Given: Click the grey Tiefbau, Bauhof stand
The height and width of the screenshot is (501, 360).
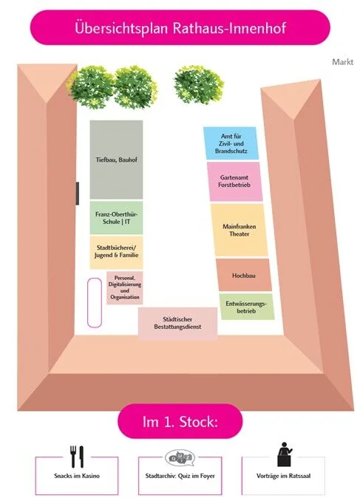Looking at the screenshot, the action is pos(116,160).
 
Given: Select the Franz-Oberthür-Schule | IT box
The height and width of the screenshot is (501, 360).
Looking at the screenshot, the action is pos(116,217).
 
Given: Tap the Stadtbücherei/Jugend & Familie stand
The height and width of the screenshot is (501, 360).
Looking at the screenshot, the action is pos(116,253).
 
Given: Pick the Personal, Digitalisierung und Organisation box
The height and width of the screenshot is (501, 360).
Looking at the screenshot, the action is pos(124,287).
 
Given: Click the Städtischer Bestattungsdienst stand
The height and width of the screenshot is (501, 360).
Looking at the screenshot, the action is pos(177,323).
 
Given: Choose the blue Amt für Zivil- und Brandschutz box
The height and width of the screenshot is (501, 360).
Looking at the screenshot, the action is pos(231,143).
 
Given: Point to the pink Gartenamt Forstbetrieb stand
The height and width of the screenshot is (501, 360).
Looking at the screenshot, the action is pos(234,182).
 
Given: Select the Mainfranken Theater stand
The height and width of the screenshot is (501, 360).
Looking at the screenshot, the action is pos(239,230).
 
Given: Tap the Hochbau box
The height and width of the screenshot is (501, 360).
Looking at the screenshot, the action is pos(244,275).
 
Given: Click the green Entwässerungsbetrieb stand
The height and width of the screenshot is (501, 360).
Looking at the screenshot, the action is pos(246,307).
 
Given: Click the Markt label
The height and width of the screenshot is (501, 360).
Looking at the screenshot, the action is pos(342,62).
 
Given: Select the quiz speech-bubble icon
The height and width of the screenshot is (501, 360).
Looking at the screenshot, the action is pos(180,457).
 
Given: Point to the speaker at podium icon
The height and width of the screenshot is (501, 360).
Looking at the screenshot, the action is pos(284,454).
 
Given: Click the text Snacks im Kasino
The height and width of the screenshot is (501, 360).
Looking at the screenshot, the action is pos(77,476).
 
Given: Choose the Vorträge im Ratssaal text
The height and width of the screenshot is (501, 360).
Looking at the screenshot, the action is pos(283,476).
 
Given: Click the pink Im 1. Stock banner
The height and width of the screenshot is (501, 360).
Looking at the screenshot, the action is pos(180,421).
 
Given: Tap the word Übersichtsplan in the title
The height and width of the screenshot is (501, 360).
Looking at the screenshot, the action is pos(121,28).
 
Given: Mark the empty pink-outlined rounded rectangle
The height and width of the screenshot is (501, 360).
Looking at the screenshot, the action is pos(95,302).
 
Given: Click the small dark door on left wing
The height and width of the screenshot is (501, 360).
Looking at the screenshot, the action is pos(77,194).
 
